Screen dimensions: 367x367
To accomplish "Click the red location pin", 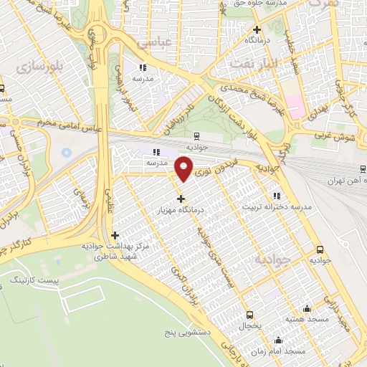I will pyautogui.click(x=183, y=168).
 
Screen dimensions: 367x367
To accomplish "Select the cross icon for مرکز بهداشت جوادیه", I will pyautogui.click(x=115, y=234).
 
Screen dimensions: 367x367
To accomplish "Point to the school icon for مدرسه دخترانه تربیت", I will pyautogui.click(x=276, y=195).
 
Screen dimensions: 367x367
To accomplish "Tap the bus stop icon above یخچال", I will pyautogui.click(x=249, y=315).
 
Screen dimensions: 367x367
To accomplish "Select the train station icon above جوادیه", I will pyautogui.click(x=196, y=135).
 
